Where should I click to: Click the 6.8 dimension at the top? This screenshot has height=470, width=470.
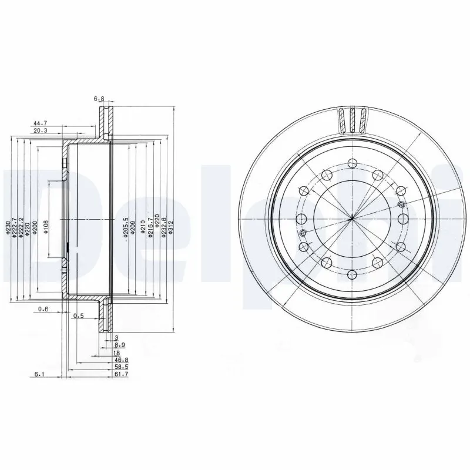point(99,99)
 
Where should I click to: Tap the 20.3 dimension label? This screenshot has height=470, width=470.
point(41,132)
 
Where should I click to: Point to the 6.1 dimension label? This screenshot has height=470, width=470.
point(40,374)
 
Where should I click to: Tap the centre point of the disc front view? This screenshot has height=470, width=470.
point(351,219)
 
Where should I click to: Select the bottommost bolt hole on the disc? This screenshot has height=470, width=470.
point(351,274)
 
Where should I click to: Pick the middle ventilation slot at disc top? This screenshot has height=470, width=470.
point(352,120)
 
